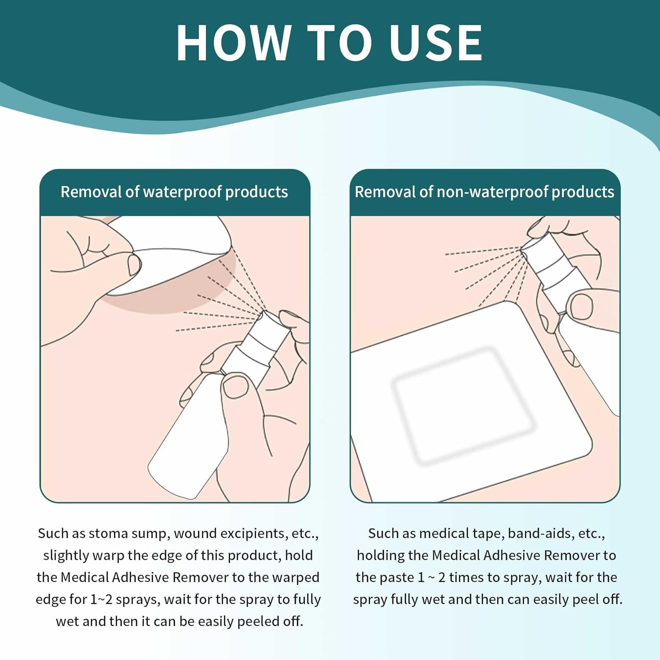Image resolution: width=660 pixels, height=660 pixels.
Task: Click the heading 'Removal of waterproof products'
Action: click(174, 192)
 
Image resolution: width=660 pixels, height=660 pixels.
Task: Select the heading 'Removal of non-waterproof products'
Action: click(484, 192)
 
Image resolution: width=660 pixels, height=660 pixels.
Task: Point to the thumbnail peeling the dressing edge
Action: click(134, 265)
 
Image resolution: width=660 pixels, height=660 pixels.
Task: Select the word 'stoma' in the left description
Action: click(109, 533)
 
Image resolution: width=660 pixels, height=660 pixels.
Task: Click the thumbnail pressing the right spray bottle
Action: click(582, 307)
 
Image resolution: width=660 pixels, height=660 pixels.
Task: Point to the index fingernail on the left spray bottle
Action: click(236, 386)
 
